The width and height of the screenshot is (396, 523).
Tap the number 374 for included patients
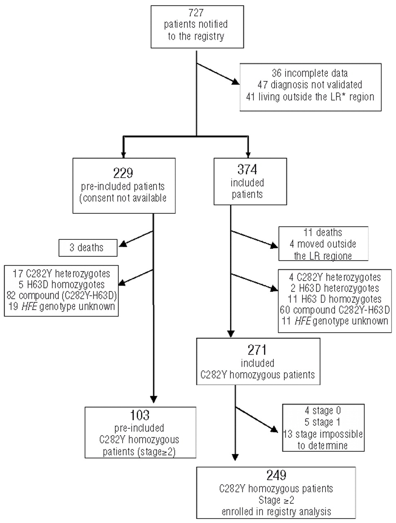(247, 169)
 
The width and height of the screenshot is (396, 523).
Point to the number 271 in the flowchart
(257, 350)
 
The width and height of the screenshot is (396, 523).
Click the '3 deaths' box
(87, 248)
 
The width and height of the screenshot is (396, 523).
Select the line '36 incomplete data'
(310, 73)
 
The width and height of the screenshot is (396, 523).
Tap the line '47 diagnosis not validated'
(310, 85)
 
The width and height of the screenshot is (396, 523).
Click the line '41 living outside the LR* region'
(310, 96)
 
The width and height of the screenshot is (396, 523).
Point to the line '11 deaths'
(323, 232)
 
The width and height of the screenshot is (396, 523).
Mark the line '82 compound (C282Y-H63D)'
(62, 295)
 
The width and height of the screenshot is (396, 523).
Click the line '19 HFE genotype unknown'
(62, 306)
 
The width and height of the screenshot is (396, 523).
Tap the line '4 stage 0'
(323, 410)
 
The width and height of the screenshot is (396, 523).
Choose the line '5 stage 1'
(323, 422)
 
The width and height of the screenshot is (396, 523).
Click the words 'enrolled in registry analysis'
(277, 511)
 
